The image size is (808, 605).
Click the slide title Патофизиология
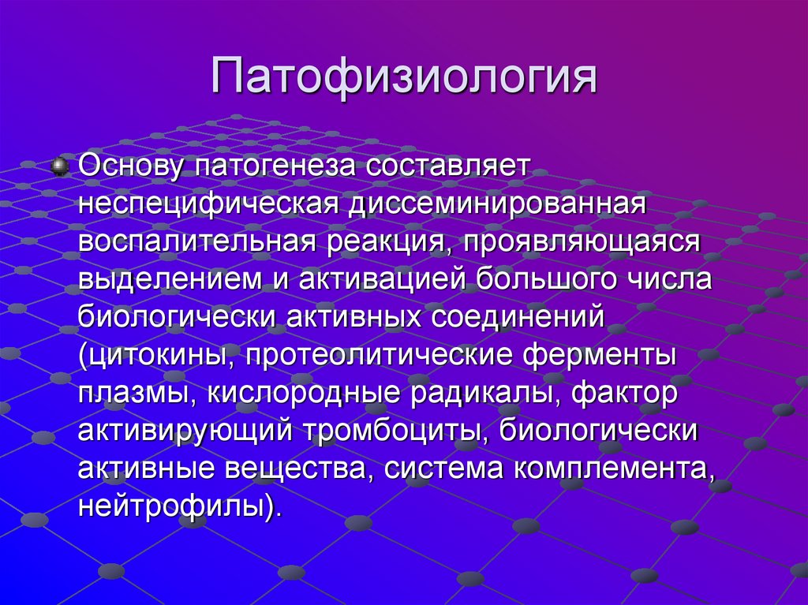[403, 80]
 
